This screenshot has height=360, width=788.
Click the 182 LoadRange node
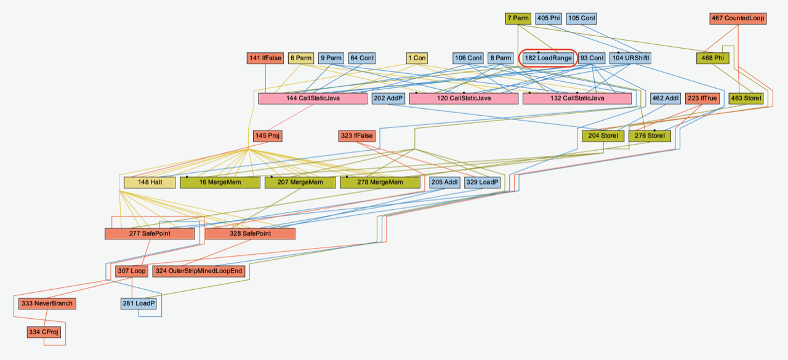coord(548,58)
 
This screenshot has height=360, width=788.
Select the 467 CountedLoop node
coord(738,18)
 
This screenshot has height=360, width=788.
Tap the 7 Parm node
coord(518,18)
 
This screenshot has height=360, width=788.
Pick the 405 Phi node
coord(548,18)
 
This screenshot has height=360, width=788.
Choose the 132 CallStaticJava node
coord(577,98)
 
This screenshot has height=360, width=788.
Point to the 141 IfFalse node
coord(265,58)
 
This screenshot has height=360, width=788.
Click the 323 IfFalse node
coord(356,136)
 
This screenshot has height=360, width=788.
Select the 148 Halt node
coord(150,183)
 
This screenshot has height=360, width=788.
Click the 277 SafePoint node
coord(150,234)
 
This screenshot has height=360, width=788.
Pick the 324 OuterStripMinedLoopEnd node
coord(199,271)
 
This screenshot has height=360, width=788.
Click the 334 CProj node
coord(44,332)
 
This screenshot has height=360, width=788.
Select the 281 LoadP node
coord(138,303)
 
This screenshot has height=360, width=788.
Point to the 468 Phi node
coord(713,58)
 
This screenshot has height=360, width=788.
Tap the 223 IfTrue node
coord(702,98)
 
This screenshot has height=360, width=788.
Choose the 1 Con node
coord(417,58)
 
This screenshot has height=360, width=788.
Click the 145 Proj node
coord(268,136)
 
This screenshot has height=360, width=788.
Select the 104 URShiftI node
coord(631,58)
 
